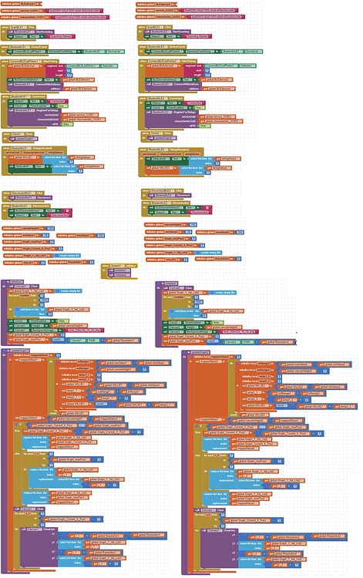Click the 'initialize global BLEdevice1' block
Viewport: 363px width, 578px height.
19,5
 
